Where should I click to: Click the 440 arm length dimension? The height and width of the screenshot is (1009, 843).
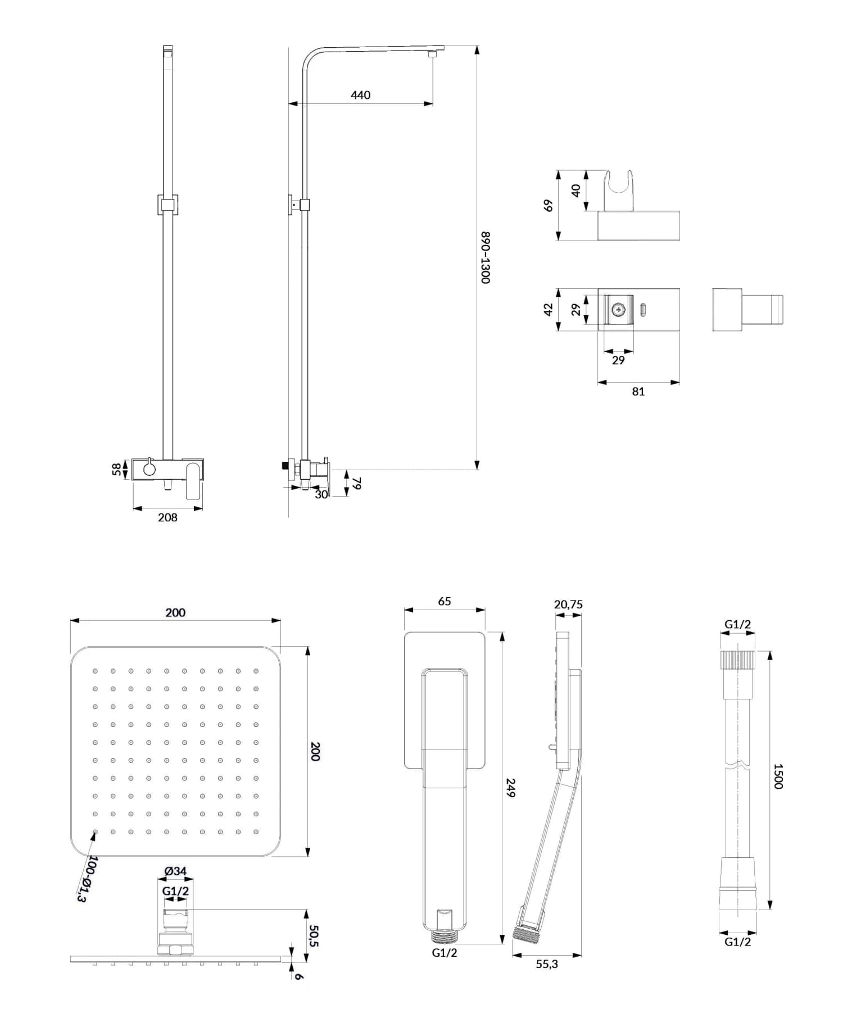tap(360, 95)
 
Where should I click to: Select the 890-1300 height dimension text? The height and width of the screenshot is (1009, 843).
tap(486, 257)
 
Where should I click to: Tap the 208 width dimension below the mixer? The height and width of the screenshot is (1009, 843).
tap(167, 517)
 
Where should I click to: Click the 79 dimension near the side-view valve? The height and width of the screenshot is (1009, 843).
tap(356, 484)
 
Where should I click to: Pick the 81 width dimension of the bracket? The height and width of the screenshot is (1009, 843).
tap(638, 392)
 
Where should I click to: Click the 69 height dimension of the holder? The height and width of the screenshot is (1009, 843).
tap(549, 206)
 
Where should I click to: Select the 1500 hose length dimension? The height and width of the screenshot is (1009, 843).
tap(778, 776)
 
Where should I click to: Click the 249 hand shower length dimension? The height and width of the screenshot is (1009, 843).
tap(510, 787)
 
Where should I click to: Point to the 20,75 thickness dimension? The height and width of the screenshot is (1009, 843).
tap(568, 605)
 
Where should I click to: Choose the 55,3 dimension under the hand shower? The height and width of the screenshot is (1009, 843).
tap(547, 964)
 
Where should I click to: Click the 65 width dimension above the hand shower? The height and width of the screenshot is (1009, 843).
tap(444, 601)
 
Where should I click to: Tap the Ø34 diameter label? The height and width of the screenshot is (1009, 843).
tap(175, 871)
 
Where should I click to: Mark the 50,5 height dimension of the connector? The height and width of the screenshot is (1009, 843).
tap(314, 936)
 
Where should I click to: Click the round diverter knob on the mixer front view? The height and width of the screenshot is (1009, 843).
tap(149, 468)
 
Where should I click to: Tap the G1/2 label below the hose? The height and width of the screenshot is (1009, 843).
tap(737, 942)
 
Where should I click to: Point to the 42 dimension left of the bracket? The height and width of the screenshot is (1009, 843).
tap(549, 310)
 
